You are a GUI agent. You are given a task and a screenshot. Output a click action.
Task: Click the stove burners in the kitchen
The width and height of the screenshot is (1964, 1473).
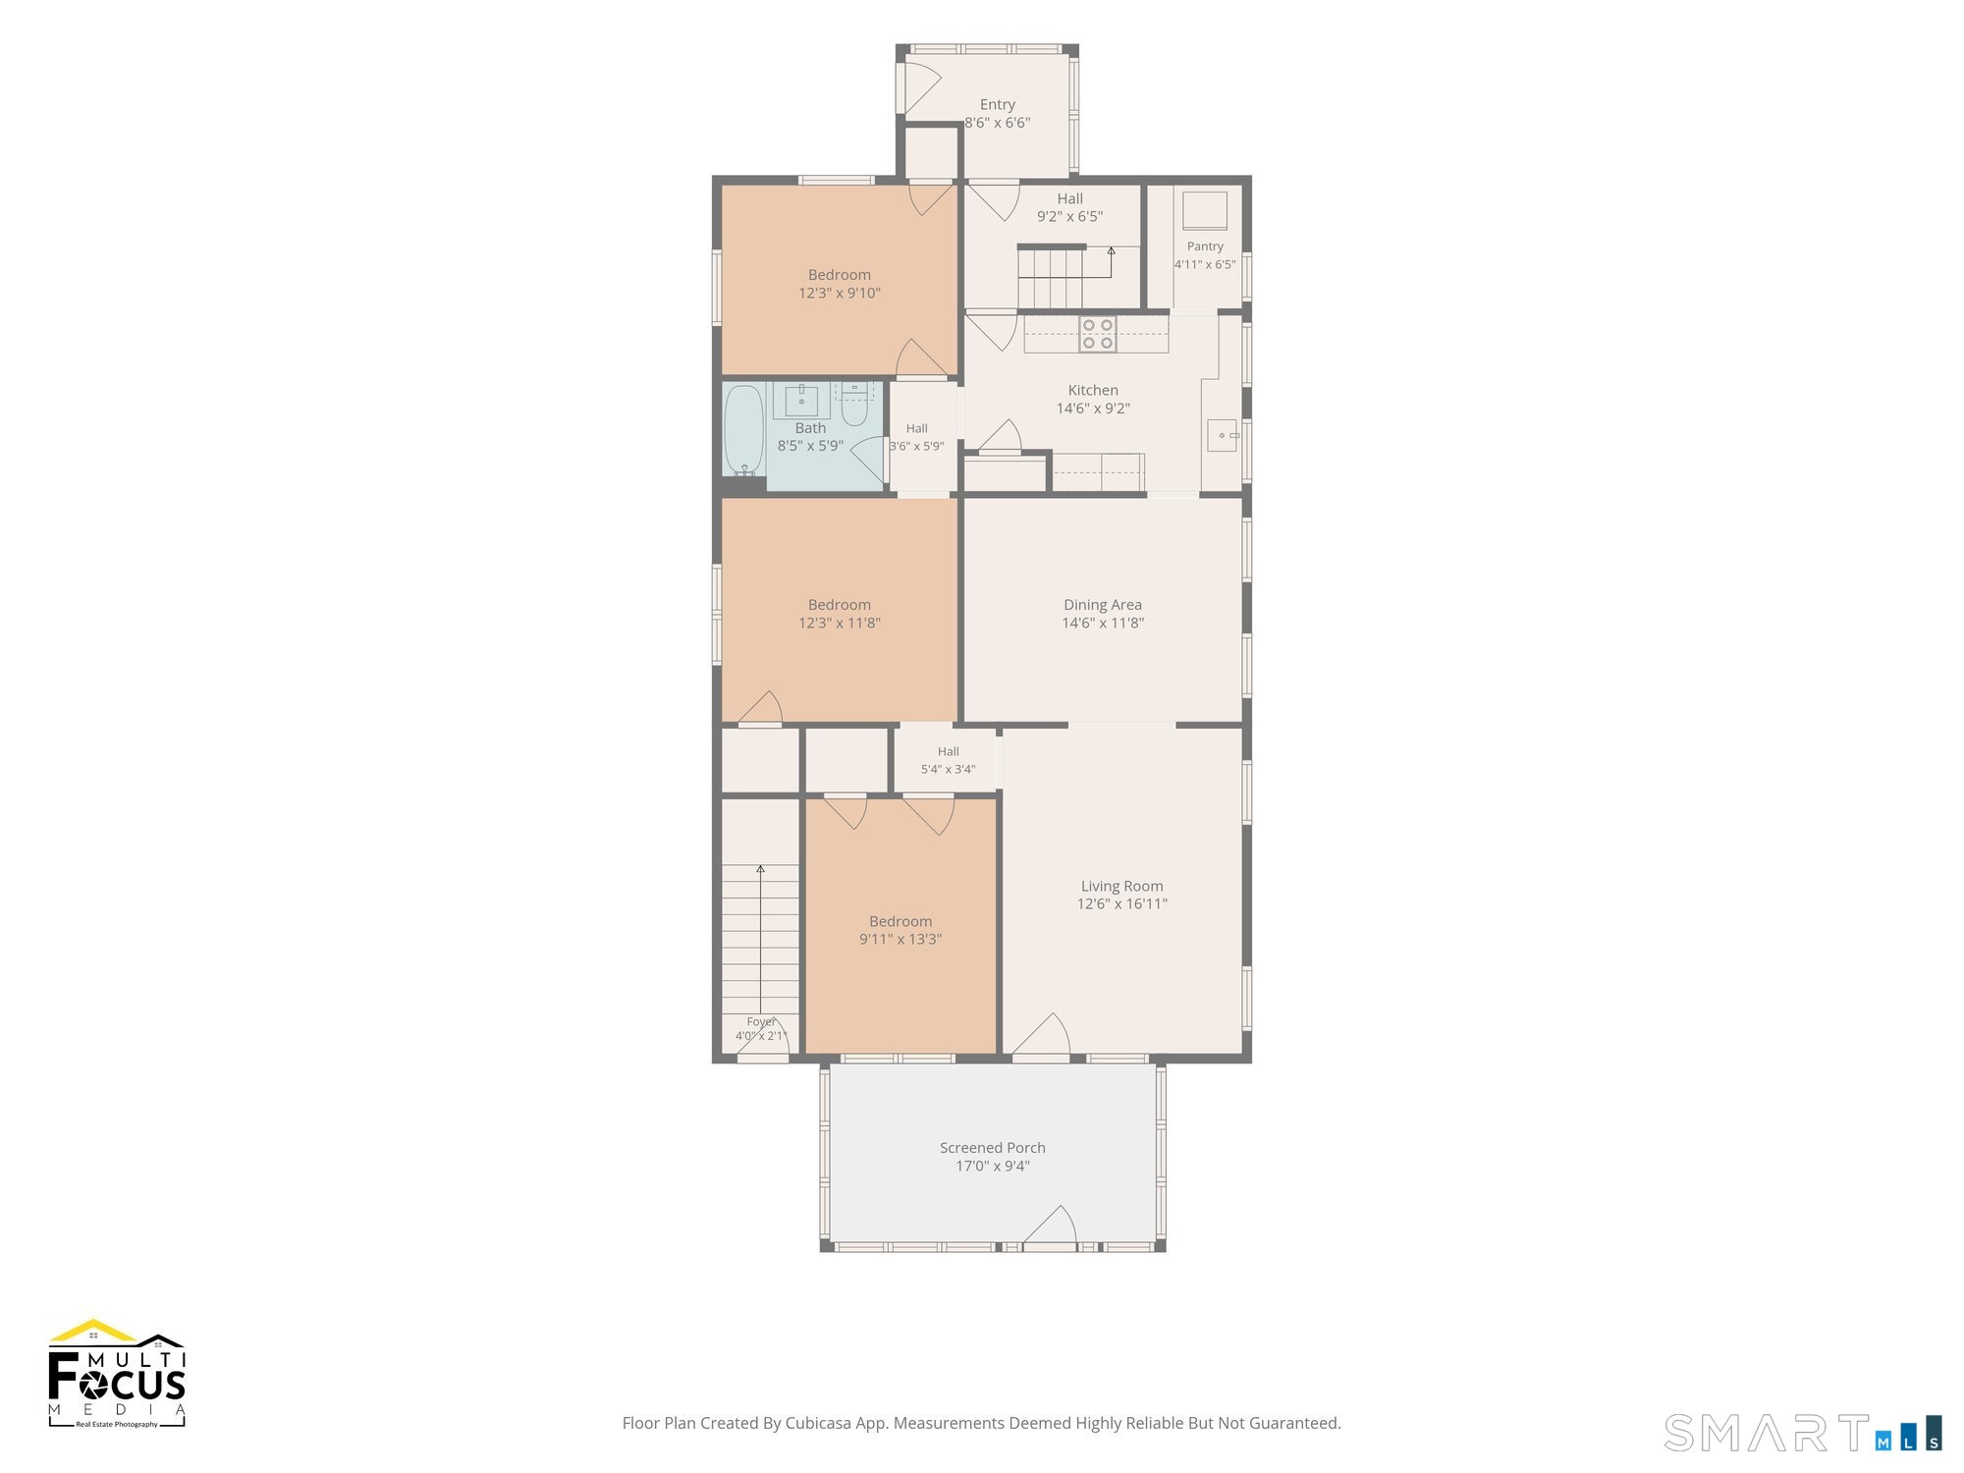(1098, 334)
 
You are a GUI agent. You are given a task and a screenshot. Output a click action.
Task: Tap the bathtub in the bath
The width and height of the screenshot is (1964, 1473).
(743, 431)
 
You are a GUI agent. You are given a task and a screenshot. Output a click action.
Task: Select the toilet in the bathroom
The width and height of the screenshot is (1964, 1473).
(854, 406)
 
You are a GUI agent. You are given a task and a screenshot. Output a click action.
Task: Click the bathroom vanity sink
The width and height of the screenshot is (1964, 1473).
(801, 402)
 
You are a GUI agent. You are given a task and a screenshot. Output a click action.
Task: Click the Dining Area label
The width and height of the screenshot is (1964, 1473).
(1103, 605)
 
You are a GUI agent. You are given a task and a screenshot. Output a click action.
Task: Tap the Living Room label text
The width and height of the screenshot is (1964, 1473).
(1122, 886)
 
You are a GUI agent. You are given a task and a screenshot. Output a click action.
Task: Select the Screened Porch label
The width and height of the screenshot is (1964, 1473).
(993, 1147)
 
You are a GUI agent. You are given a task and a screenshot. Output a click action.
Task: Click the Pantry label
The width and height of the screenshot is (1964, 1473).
(1205, 246)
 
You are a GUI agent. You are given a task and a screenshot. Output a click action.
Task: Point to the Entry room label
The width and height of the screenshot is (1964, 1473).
(998, 104)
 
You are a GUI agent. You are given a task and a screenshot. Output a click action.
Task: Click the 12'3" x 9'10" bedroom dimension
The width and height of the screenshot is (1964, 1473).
(840, 293)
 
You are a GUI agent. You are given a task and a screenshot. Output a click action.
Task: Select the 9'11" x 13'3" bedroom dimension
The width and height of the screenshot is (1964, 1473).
(900, 939)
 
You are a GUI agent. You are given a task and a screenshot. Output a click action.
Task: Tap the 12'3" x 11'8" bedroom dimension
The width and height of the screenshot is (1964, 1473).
(840, 623)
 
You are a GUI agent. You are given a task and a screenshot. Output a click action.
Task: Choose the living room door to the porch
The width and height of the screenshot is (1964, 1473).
(1041, 1035)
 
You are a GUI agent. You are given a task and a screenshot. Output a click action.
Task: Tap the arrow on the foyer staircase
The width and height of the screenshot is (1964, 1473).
(760, 943)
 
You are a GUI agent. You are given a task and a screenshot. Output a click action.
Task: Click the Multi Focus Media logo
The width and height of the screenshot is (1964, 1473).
(117, 1373)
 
